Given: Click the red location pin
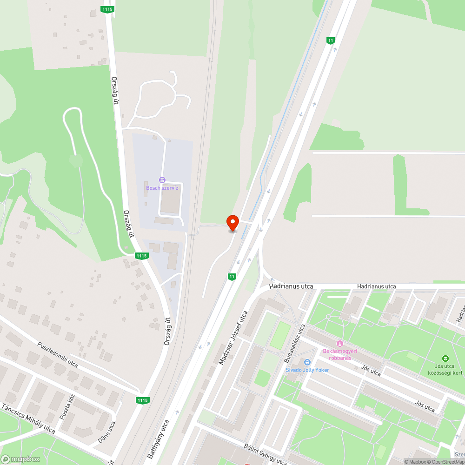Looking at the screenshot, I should [x=232, y=222].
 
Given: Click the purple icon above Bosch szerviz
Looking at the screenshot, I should [x=162, y=180].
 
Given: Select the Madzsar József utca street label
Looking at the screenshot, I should [x=233, y=331].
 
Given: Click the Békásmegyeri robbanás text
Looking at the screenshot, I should [x=340, y=354].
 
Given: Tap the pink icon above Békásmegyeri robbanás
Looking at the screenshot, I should [x=340, y=344].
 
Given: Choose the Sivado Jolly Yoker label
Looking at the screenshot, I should [x=307, y=370].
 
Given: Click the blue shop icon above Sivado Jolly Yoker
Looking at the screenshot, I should [x=307, y=362].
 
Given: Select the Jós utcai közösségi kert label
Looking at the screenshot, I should [x=445, y=369].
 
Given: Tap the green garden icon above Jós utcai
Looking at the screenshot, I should [x=445, y=358].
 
